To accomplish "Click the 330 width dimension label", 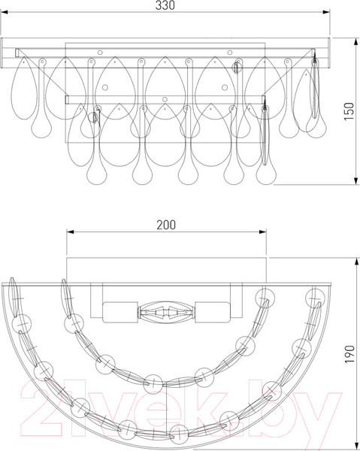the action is pyautogui.click(x=165, y=5).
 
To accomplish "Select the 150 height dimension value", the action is pyautogui.click(x=349, y=111).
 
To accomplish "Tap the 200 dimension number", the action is pyautogui.click(x=166, y=225).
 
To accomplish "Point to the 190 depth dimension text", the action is pyautogui.click(x=349, y=354).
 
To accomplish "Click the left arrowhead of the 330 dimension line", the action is pyautogui.click(x=4, y=12).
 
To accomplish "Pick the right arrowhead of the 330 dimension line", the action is pyautogui.click(x=326, y=12).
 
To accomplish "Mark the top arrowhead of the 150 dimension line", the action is pyautogui.click(x=356, y=41).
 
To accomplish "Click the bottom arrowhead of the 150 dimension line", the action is pyautogui.click(x=356, y=181).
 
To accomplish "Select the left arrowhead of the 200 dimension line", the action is pyautogui.click(x=71, y=232).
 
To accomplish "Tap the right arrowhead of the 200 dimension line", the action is pyautogui.click(x=262, y=232).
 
